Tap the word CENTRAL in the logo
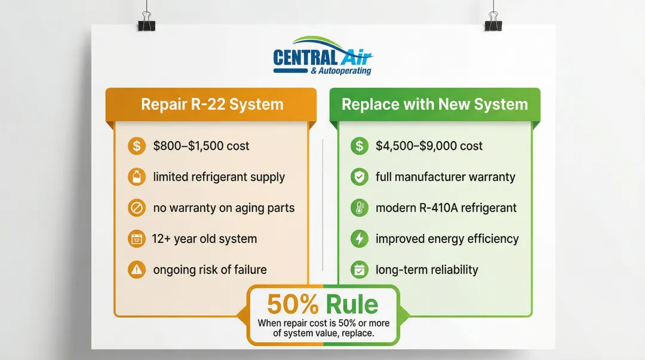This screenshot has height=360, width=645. pos(305,57)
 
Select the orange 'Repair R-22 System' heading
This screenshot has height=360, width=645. pos(212,104)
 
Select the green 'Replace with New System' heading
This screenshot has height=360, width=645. pos(435,104)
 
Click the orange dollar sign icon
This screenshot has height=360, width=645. pos(137,146)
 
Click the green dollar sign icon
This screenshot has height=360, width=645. pos(360,146)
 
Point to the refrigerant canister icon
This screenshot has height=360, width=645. pos(137,177)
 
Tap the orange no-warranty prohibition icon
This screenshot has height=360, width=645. pos(137,208)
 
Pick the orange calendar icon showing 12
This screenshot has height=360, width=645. pos(137,239)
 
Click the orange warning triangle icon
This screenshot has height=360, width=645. pos(137,270)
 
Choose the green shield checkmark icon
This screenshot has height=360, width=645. pos(360,177)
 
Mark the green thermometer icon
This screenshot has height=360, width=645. pos(360,208)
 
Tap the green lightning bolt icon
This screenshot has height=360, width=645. pos(360,239)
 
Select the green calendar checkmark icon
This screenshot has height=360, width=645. pos(360,270)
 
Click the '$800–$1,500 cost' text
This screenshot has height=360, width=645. pos(201,146)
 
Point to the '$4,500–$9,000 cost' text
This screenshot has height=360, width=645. pos(429,146)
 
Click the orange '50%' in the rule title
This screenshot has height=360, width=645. pos(293,304)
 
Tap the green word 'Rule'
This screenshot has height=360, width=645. pos(352,304)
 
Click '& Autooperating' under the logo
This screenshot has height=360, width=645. pos(341,71)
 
